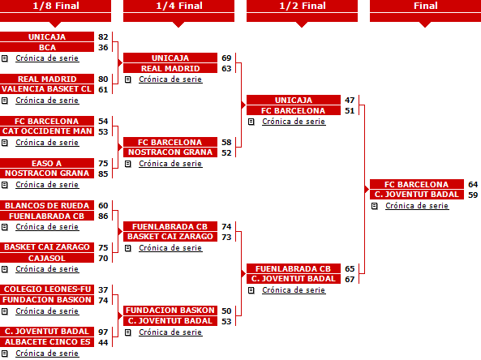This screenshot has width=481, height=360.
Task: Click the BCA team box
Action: pos(47,48)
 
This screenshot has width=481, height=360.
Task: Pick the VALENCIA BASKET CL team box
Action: pos(47,89)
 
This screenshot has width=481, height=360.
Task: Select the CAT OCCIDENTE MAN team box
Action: pos(47,131)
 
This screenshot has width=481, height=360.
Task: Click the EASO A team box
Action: pos(47,163)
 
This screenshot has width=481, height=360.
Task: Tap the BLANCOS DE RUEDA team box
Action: pos(47,205)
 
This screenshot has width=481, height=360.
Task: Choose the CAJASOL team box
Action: pos(47,258)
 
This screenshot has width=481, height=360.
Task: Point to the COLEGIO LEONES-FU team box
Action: pos(47,289)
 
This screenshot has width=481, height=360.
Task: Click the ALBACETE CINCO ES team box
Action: pos(47,342)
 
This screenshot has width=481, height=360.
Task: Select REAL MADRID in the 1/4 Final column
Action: pos(170,68)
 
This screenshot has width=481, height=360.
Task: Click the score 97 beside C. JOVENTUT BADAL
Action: pos(103,332)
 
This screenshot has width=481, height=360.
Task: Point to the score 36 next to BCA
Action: pos(103,48)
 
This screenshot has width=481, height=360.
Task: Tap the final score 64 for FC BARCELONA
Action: pos(473,184)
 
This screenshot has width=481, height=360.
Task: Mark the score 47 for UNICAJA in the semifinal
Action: pos(350,100)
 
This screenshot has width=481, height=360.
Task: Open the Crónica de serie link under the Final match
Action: pos(417,206)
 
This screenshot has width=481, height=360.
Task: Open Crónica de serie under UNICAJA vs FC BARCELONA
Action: pos(294,122)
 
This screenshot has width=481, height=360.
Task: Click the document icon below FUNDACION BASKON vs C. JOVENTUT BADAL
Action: pos(128,332)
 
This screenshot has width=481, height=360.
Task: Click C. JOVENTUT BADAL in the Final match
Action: pos(417,195)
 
